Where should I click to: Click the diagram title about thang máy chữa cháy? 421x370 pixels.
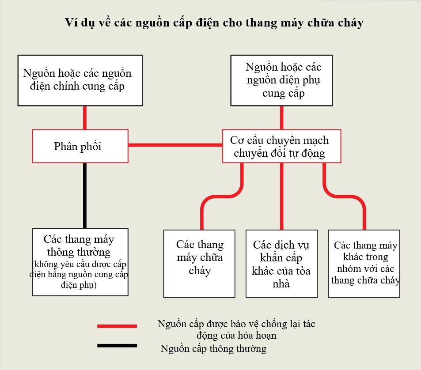click(214, 23)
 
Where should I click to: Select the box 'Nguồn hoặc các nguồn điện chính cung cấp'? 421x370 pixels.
click(80, 80)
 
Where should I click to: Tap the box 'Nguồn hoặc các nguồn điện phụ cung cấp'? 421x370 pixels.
click(282, 80)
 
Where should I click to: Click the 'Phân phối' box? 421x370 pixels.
click(80, 146)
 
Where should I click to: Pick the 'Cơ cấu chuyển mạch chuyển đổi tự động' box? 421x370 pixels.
click(282, 146)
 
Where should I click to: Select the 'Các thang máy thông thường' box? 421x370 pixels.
click(80, 262)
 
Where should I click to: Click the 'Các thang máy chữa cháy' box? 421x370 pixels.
click(199, 264)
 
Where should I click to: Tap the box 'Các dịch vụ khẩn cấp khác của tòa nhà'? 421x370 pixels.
click(282, 264)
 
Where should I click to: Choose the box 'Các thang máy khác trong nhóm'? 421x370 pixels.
click(364, 264)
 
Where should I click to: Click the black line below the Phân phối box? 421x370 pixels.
click(84, 195)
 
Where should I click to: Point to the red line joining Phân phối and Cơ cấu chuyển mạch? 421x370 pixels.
click(175, 145)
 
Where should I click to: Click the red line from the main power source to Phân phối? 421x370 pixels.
click(84, 118)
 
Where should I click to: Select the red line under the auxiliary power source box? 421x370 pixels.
click(282, 118)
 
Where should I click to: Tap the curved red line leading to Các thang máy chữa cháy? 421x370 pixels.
click(222, 196)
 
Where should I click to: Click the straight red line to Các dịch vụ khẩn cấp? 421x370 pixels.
click(282, 196)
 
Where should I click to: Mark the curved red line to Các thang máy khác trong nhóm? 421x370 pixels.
click(344, 196)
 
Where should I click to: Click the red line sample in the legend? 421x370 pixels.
click(117, 326)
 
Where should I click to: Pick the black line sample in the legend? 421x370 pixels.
click(117, 346)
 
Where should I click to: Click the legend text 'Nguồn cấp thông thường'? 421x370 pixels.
click(213, 348)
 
